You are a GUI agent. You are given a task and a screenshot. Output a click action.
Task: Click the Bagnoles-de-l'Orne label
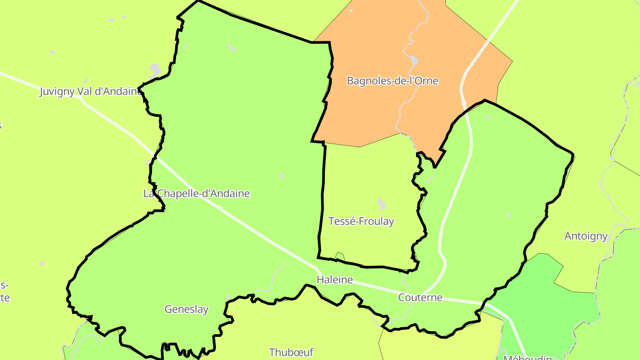click(392, 81)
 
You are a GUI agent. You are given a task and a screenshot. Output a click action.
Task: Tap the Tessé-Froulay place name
click(361, 221)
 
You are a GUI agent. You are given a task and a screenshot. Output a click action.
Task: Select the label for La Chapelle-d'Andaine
click(196, 194)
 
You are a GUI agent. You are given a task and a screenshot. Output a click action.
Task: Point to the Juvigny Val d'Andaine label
click(91, 92)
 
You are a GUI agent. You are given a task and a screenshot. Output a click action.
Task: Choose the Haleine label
click(335, 280)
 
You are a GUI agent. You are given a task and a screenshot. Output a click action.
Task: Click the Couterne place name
click(420, 297)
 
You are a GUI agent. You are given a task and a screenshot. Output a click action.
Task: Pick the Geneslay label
click(186, 309)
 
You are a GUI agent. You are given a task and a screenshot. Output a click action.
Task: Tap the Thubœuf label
click(291, 352)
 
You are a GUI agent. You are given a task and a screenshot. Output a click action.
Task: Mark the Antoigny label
click(586, 236)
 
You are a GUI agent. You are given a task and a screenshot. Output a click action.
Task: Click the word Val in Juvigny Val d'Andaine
click(85, 92)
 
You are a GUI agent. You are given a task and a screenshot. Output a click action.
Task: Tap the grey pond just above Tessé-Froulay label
click(381, 204)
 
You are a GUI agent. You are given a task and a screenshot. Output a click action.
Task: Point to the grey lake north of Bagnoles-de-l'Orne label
click(414, 60)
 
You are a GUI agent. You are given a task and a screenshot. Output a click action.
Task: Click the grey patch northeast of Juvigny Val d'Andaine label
click(155, 69)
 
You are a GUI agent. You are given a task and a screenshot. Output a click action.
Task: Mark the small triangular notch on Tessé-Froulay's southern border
click(340, 256)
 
